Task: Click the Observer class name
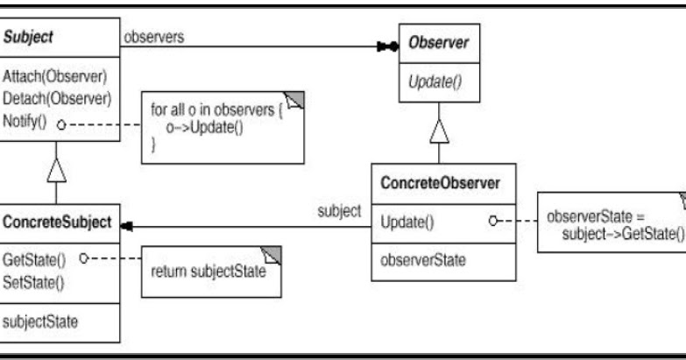tap(439, 42)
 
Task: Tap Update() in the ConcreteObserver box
tap(407, 222)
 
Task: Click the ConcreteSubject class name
tap(58, 222)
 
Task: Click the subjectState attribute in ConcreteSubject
tap(39, 321)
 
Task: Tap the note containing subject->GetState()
tap(611, 222)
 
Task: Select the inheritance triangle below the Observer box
tap(440, 133)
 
